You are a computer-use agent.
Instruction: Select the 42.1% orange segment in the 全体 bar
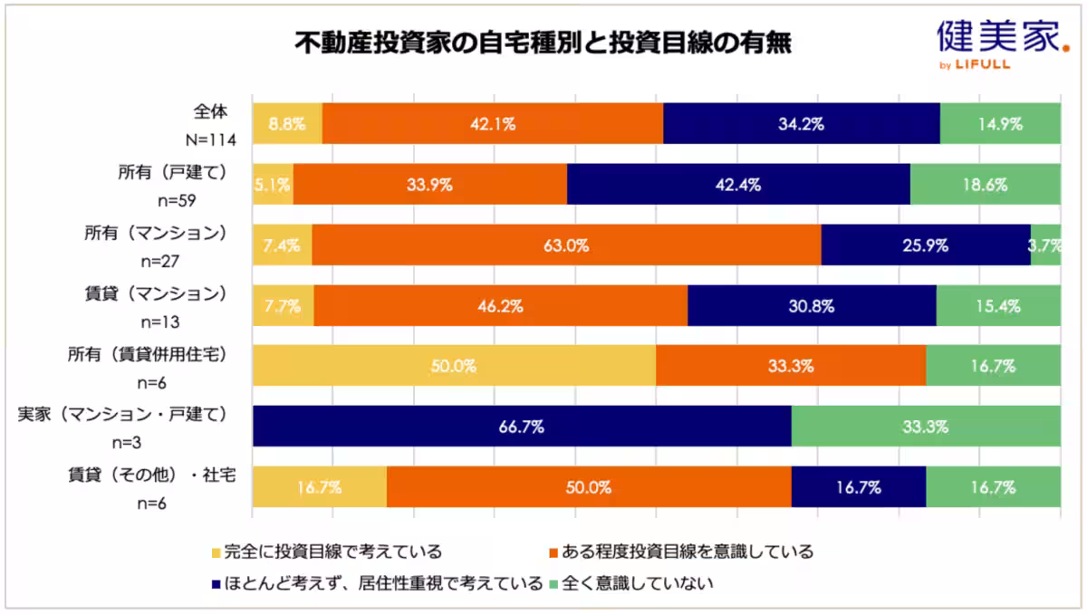492,124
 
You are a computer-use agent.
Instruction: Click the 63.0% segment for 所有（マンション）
566,245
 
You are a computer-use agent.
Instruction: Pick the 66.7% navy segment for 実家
522,427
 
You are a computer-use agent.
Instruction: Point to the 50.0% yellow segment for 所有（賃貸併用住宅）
454,366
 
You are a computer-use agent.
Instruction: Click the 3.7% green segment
1045,245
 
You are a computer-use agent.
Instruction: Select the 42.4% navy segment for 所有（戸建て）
738,185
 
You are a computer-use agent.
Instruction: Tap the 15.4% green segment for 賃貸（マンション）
998,306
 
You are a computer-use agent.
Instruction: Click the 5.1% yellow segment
273,185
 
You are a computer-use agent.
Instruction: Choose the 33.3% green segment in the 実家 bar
926,427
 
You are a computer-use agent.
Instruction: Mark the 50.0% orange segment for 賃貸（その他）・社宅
589,487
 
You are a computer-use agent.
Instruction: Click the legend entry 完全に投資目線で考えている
326,552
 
